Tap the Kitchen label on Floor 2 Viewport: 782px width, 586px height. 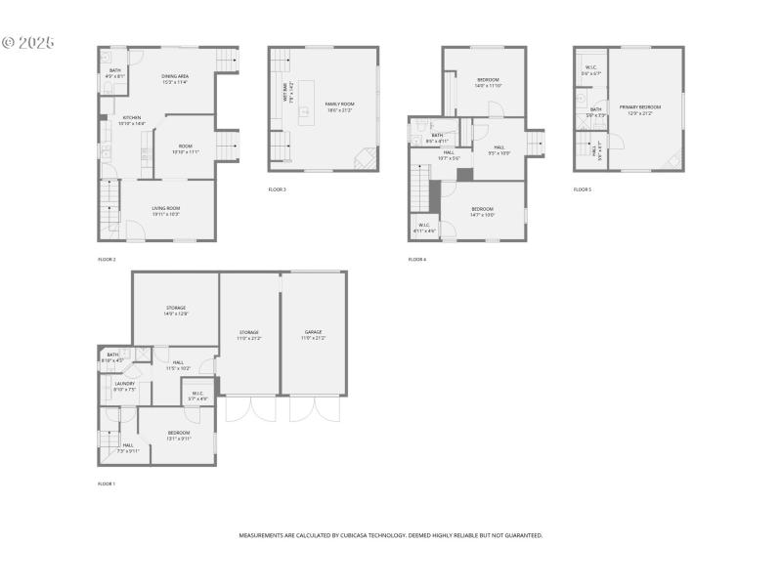[131, 120]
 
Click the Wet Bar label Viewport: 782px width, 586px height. [285, 94]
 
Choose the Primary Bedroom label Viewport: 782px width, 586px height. [639, 108]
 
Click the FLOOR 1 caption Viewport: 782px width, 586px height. [107, 484]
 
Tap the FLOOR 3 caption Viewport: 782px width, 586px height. [278, 189]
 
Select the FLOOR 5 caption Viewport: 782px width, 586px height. [583, 189]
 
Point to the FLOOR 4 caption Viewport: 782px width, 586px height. [417, 260]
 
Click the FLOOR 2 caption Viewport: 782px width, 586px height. [107, 260]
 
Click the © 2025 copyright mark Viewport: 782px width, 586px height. [28, 43]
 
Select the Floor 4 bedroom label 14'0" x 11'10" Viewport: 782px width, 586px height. [488, 82]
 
